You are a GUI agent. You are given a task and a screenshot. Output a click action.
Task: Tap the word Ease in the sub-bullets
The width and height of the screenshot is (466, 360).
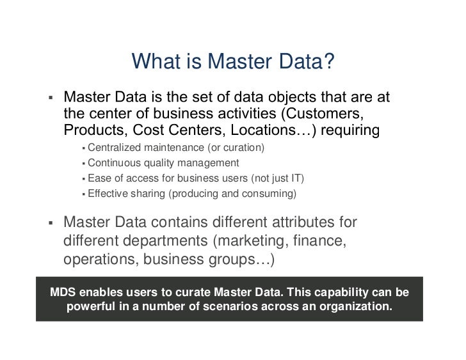tap(99, 178)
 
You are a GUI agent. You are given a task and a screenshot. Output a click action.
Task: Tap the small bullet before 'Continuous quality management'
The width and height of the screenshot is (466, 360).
tap(84, 164)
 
